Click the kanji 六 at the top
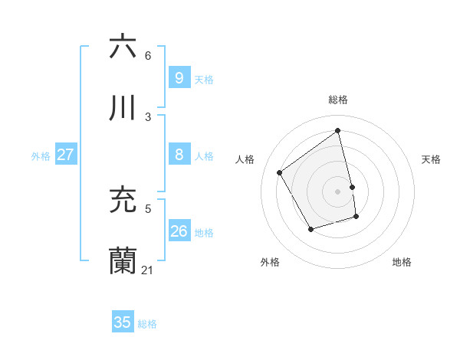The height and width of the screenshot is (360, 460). pos(123,47)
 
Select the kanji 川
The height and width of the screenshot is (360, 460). pos(123,108)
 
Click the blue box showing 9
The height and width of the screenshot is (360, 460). pos(179,77)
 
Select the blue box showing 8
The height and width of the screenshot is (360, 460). pos(179,155)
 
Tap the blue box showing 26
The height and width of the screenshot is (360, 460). pos(179,231)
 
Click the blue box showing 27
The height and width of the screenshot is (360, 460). pos(65,155)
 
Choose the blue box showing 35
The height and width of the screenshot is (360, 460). pos(123,322)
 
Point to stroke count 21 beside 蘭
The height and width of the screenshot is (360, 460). pos(147,270)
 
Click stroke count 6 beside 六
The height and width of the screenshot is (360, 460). pos(148,56)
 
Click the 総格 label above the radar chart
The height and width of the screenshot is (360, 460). pos(338,100)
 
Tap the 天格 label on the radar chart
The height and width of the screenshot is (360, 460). pos(431,159)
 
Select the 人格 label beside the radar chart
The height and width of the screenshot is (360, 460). pos(245,159)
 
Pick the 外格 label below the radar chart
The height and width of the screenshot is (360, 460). pos(270,262)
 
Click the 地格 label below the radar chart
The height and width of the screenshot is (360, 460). pos(402,262)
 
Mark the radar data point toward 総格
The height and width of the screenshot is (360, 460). pos(338,131)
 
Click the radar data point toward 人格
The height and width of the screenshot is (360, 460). pos(280,172)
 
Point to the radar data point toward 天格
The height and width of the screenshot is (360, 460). pos(352,187)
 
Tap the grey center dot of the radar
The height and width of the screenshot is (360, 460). pos(338,191)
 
